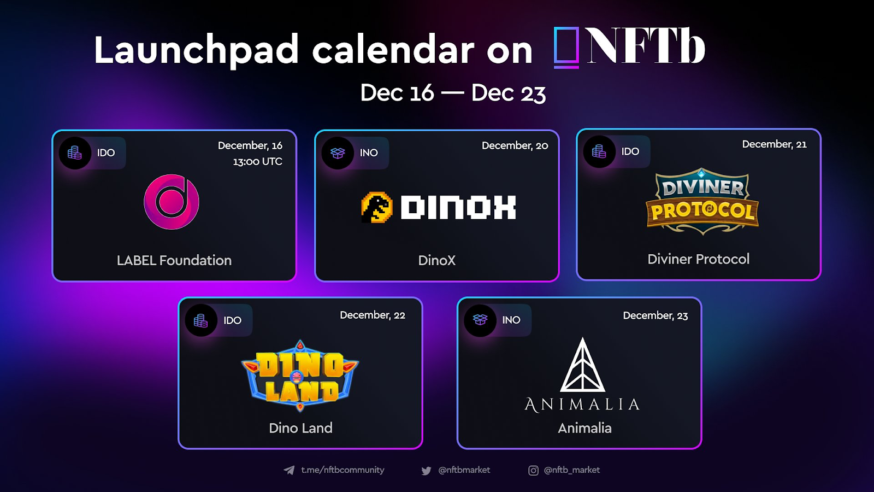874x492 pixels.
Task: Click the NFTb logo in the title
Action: pos(629,47)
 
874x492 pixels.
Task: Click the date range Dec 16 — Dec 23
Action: pos(453,93)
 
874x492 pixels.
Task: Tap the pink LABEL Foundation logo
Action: pos(172,202)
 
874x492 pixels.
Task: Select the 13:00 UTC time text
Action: pos(257,162)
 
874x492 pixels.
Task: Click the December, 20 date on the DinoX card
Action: pos(515,145)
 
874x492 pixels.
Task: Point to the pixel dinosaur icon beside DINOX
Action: pos(377,207)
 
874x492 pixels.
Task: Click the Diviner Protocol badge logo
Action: pos(702,202)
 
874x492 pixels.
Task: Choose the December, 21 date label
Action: pos(774,144)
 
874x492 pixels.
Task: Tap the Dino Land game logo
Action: pos(300,376)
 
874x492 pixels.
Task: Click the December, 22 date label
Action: pos(372,315)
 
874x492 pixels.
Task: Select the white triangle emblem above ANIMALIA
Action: pos(582,365)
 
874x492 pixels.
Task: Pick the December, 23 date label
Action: pos(655,315)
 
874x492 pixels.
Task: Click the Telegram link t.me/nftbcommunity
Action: pos(342,470)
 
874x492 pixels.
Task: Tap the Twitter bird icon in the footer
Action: pos(426,471)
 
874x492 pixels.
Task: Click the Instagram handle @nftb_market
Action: pos(571,470)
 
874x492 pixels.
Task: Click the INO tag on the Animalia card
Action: pos(511,320)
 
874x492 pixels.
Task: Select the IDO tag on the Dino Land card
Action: pos(232,320)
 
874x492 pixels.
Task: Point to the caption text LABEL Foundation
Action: pos(174,260)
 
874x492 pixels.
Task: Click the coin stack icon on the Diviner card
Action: pos(599,151)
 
